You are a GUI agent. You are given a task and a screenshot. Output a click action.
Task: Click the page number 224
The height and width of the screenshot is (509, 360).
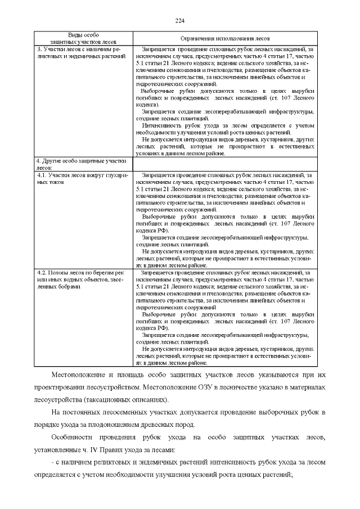click(x=180, y=21)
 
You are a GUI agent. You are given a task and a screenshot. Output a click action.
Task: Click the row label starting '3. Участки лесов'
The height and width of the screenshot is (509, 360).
click(x=83, y=52)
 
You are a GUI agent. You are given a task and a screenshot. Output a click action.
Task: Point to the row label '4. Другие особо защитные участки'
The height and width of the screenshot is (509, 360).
click(x=83, y=164)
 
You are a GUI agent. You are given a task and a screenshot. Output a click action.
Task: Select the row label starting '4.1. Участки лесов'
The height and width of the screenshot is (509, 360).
click(x=83, y=178)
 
